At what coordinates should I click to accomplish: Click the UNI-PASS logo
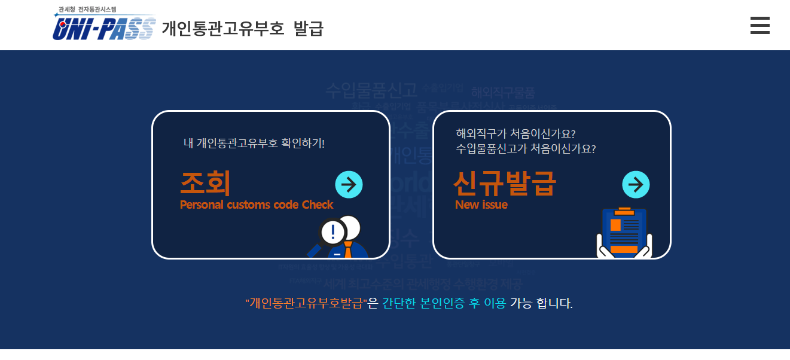pyautogui.click(x=104, y=28)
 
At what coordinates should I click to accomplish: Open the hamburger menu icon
pyautogui.click(x=760, y=26)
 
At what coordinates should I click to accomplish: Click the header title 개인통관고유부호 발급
pyautogui.click(x=242, y=28)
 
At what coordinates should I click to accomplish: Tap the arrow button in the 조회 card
pyautogui.click(x=349, y=184)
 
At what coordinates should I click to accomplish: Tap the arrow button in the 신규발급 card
pyautogui.click(x=636, y=184)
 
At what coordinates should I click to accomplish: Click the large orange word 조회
pyautogui.click(x=205, y=183)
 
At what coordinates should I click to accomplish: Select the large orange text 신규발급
pyautogui.click(x=504, y=183)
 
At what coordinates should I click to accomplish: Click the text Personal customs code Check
pyautogui.click(x=256, y=205)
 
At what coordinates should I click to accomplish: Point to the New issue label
pyautogui.click(x=481, y=205)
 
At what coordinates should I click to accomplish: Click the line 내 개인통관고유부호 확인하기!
pyautogui.click(x=254, y=144)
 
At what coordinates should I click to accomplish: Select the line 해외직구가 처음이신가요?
pyautogui.click(x=515, y=133)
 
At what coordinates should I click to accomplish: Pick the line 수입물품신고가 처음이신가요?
pyautogui.click(x=526, y=148)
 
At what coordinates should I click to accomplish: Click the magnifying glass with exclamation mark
pyautogui.click(x=331, y=233)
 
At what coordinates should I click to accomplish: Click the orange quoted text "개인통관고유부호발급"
pyautogui.click(x=306, y=303)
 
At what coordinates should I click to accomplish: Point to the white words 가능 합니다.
pyautogui.click(x=541, y=303)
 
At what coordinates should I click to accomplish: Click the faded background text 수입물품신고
pyautogui.click(x=371, y=90)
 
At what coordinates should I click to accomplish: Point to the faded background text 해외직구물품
pyautogui.click(x=502, y=93)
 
